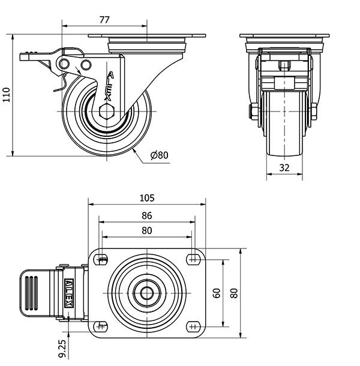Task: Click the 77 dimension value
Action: pyautogui.click(x=104, y=20)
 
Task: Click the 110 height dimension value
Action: pyautogui.click(x=7, y=94)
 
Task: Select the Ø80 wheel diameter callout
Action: pyautogui.click(x=160, y=155)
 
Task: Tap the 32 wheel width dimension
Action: pyautogui.click(x=284, y=169)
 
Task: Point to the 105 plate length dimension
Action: pyautogui.click(x=147, y=197)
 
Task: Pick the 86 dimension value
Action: pyautogui.click(x=147, y=215)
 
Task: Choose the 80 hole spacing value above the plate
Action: pyautogui.click(x=147, y=230)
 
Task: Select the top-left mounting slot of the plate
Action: pyautogui.click(x=103, y=259)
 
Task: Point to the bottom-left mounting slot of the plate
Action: pyautogui.click(x=103, y=326)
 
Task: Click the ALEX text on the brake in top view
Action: pyautogui.click(x=69, y=293)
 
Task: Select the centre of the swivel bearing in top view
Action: pyautogui.click(x=147, y=293)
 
